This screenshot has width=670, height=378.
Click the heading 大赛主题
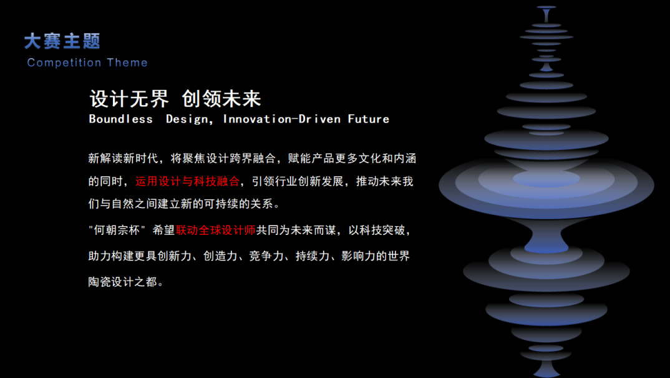tap(62, 41)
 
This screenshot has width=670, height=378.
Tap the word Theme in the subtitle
tap(127, 62)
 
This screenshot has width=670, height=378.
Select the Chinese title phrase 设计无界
tap(130, 99)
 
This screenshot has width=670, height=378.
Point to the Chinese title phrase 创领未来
tap(221, 99)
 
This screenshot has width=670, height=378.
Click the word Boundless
tap(120, 119)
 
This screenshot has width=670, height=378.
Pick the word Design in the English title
tap(189, 119)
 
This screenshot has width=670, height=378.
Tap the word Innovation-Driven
tap(282, 119)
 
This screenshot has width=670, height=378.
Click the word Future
tap(368, 119)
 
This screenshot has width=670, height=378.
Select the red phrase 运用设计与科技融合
tap(187, 182)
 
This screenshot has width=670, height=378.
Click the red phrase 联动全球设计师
tap(215, 231)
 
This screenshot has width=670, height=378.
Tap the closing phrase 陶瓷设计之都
tap(123, 282)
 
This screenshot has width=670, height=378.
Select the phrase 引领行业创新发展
tap(298, 182)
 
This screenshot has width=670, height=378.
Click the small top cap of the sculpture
tap(546, 7)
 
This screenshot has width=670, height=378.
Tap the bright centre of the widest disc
tap(546, 179)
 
